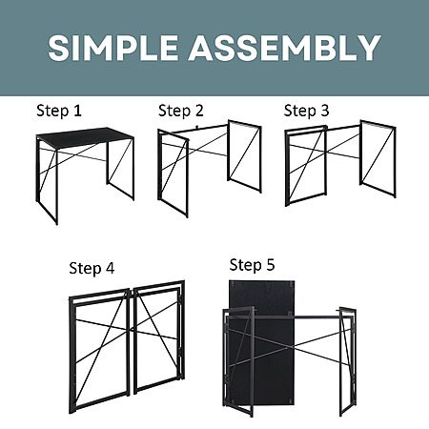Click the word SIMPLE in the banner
click(x=112, y=48)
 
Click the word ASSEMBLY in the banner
click(x=284, y=48)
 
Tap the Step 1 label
click(x=59, y=111)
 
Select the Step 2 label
click(x=180, y=111)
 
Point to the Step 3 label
click(x=306, y=111)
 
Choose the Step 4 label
click(x=92, y=268)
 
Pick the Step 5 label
click(x=252, y=265)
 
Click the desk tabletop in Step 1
click(x=85, y=136)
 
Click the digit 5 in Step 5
click(x=271, y=265)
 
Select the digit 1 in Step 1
click(x=77, y=111)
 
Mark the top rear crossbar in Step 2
click(x=200, y=129)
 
